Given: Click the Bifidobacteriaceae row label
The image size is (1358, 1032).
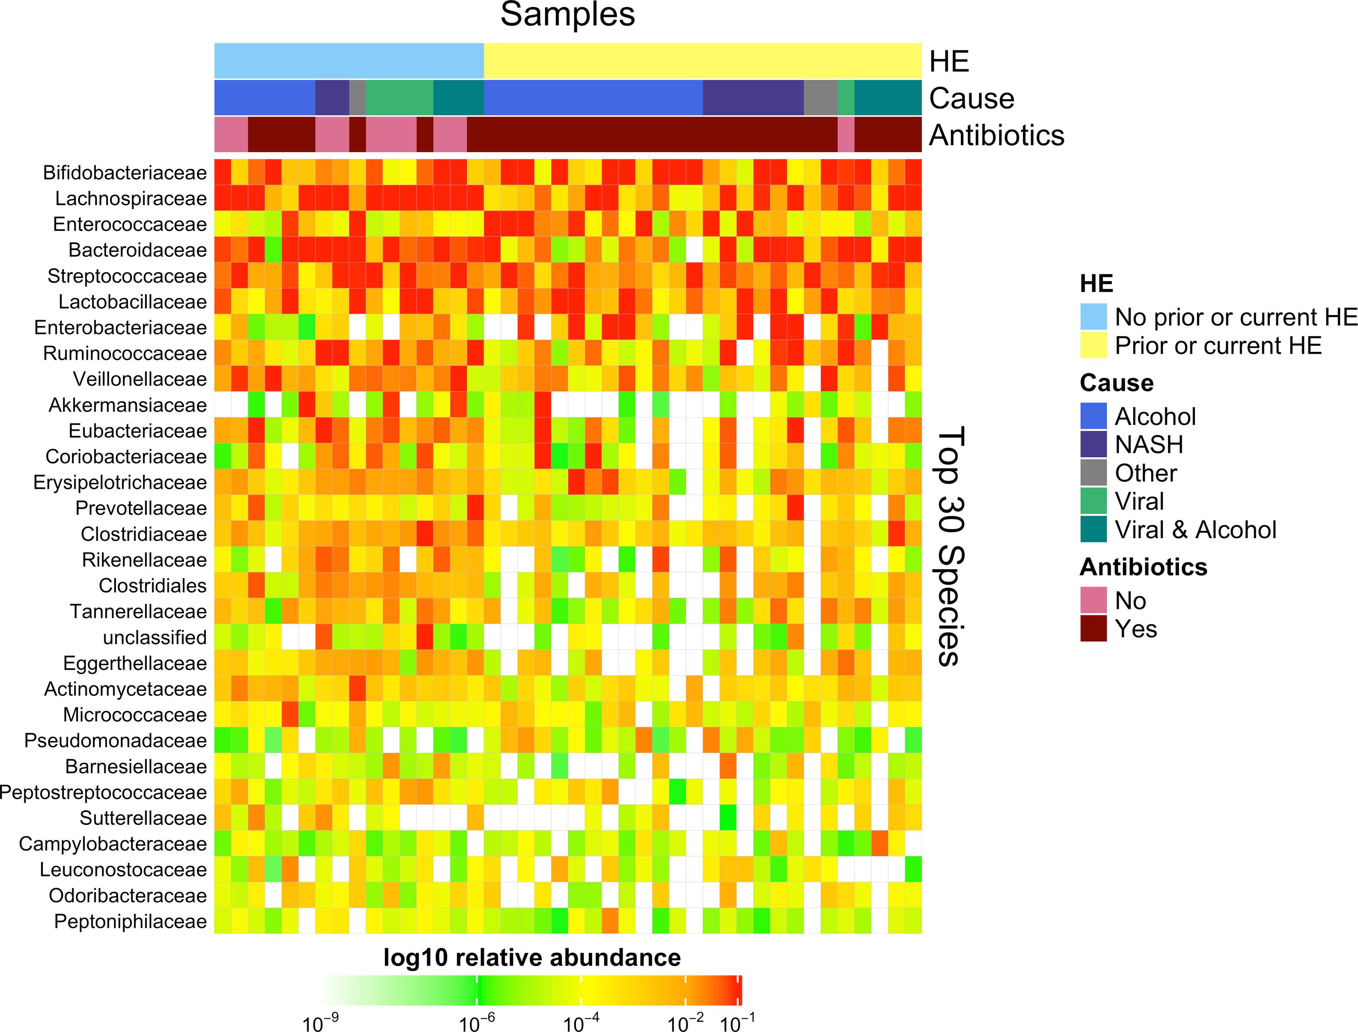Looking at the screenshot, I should pyautogui.click(x=125, y=173).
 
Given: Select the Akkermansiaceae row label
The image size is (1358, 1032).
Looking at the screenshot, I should pyautogui.click(x=128, y=405).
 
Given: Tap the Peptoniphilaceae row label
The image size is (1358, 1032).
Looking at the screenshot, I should pyautogui.click(x=130, y=921).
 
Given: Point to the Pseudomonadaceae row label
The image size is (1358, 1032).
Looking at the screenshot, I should pyautogui.click(x=115, y=741).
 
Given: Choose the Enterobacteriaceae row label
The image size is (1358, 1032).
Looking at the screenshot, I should pyautogui.click(x=121, y=327).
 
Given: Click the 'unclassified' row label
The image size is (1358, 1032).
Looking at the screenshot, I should pyautogui.click(x=155, y=638).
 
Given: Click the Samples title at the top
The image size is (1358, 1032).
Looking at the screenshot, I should pyautogui.click(x=568, y=15).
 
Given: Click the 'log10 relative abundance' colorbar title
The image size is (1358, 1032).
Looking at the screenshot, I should pyautogui.click(x=532, y=958).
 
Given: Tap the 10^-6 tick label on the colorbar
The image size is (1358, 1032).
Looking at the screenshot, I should pyautogui.click(x=477, y=1023).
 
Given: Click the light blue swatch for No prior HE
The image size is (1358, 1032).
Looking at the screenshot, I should pyautogui.click(x=1093, y=317).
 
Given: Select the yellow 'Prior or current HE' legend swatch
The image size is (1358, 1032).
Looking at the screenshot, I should pyautogui.click(x=1093, y=345).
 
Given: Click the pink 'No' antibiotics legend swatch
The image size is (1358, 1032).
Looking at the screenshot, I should pyautogui.click(x=1093, y=600).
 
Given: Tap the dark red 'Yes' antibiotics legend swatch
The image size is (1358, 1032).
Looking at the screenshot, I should pyautogui.click(x=1093, y=629).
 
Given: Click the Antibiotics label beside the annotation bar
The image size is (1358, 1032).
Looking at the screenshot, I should pyautogui.click(x=996, y=135).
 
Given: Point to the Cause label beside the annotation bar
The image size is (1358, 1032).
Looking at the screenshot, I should pyautogui.click(x=971, y=98).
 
